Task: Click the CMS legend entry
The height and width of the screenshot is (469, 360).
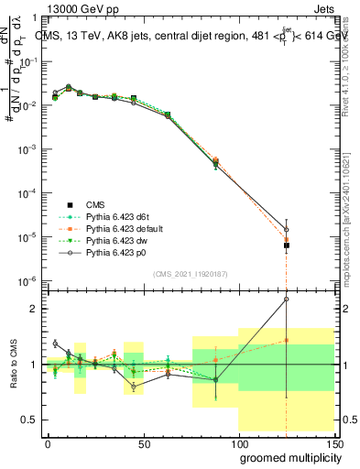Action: coord(96,205)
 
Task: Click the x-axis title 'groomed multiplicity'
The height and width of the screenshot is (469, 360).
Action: coord(286,457)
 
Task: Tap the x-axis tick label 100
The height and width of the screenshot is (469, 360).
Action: coord(238,442)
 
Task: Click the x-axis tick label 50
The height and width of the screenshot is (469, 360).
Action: coord(143,442)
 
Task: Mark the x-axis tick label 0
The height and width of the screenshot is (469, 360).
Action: coord(48,442)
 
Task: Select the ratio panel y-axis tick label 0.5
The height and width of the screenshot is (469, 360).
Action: coord(30,420)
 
